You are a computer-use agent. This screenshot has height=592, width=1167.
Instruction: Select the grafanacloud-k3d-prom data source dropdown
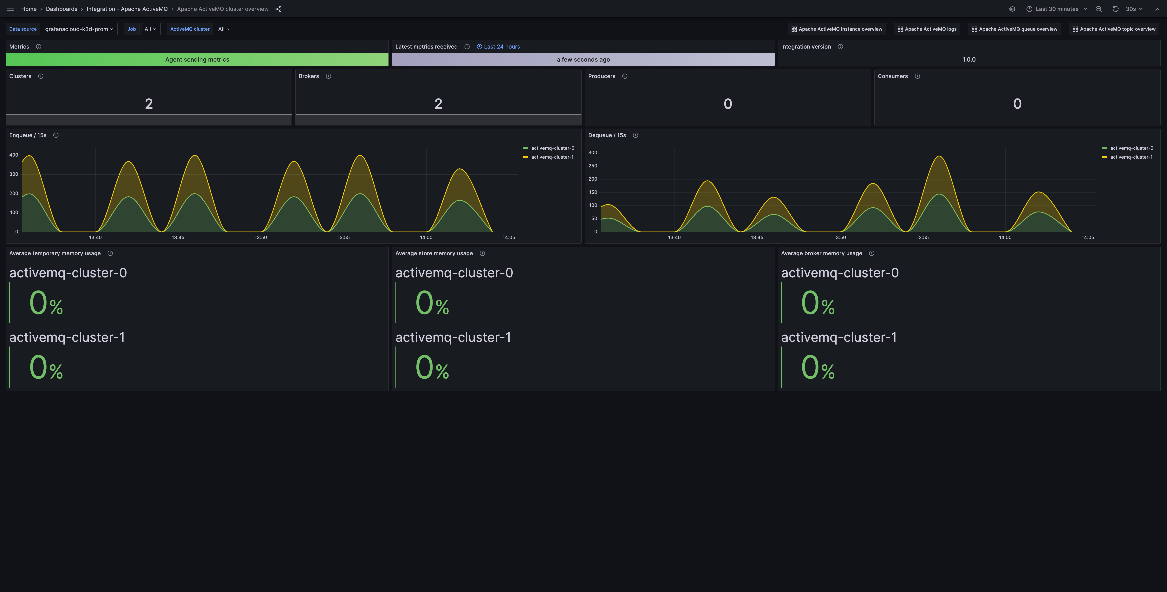[x=79, y=29]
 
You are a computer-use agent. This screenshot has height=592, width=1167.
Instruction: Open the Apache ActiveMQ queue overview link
[x=1014, y=29]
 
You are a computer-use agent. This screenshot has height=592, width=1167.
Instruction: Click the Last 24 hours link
[x=501, y=47]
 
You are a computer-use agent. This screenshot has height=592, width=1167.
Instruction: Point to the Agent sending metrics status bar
[x=197, y=59]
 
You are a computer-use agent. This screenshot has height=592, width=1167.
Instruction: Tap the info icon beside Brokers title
[x=329, y=76]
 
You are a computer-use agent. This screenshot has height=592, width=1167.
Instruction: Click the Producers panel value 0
[x=727, y=104]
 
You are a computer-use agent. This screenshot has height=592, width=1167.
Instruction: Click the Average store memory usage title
[x=434, y=253]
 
